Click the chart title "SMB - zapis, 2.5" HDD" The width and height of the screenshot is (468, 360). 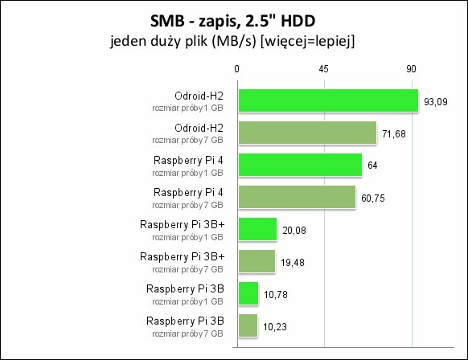pyautogui.click(x=233, y=22)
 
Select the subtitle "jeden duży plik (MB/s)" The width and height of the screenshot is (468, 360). pyautogui.click(x=183, y=41)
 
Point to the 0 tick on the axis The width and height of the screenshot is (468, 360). pyautogui.click(x=236, y=69)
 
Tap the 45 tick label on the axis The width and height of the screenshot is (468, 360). pyautogui.click(x=323, y=69)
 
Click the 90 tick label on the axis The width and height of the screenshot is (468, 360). pyautogui.click(x=411, y=69)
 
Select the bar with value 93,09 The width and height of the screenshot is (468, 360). pyautogui.click(x=328, y=100)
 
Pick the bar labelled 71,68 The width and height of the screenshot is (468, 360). pyautogui.click(x=307, y=133)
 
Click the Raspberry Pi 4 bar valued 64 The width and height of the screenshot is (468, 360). pyautogui.click(x=300, y=165)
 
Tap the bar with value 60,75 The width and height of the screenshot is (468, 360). pyautogui.click(x=297, y=197)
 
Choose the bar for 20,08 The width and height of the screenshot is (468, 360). pyautogui.click(x=257, y=229)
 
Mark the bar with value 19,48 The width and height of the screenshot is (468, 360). pyautogui.click(x=257, y=261)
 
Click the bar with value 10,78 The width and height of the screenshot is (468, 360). pyautogui.click(x=248, y=293)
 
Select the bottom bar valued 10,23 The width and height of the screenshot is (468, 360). pyautogui.click(x=248, y=325)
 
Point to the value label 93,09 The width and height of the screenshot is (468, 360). pyautogui.click(x=436, y=102)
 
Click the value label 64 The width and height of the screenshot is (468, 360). pyautogui.click(x=372, y=166)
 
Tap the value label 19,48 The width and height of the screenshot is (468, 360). pyautogui.click(x=293, y=263)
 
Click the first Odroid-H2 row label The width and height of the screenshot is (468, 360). pyautogui.click(x=199, y=96)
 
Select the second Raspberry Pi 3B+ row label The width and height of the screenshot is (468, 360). pyautogui.click(x=182, y=256)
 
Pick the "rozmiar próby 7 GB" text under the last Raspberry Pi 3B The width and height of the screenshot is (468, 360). pyautogui.click(x=187, y=333)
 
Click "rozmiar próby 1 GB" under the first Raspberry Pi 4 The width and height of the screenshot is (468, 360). pyautogui.click(x=187, y=174)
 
